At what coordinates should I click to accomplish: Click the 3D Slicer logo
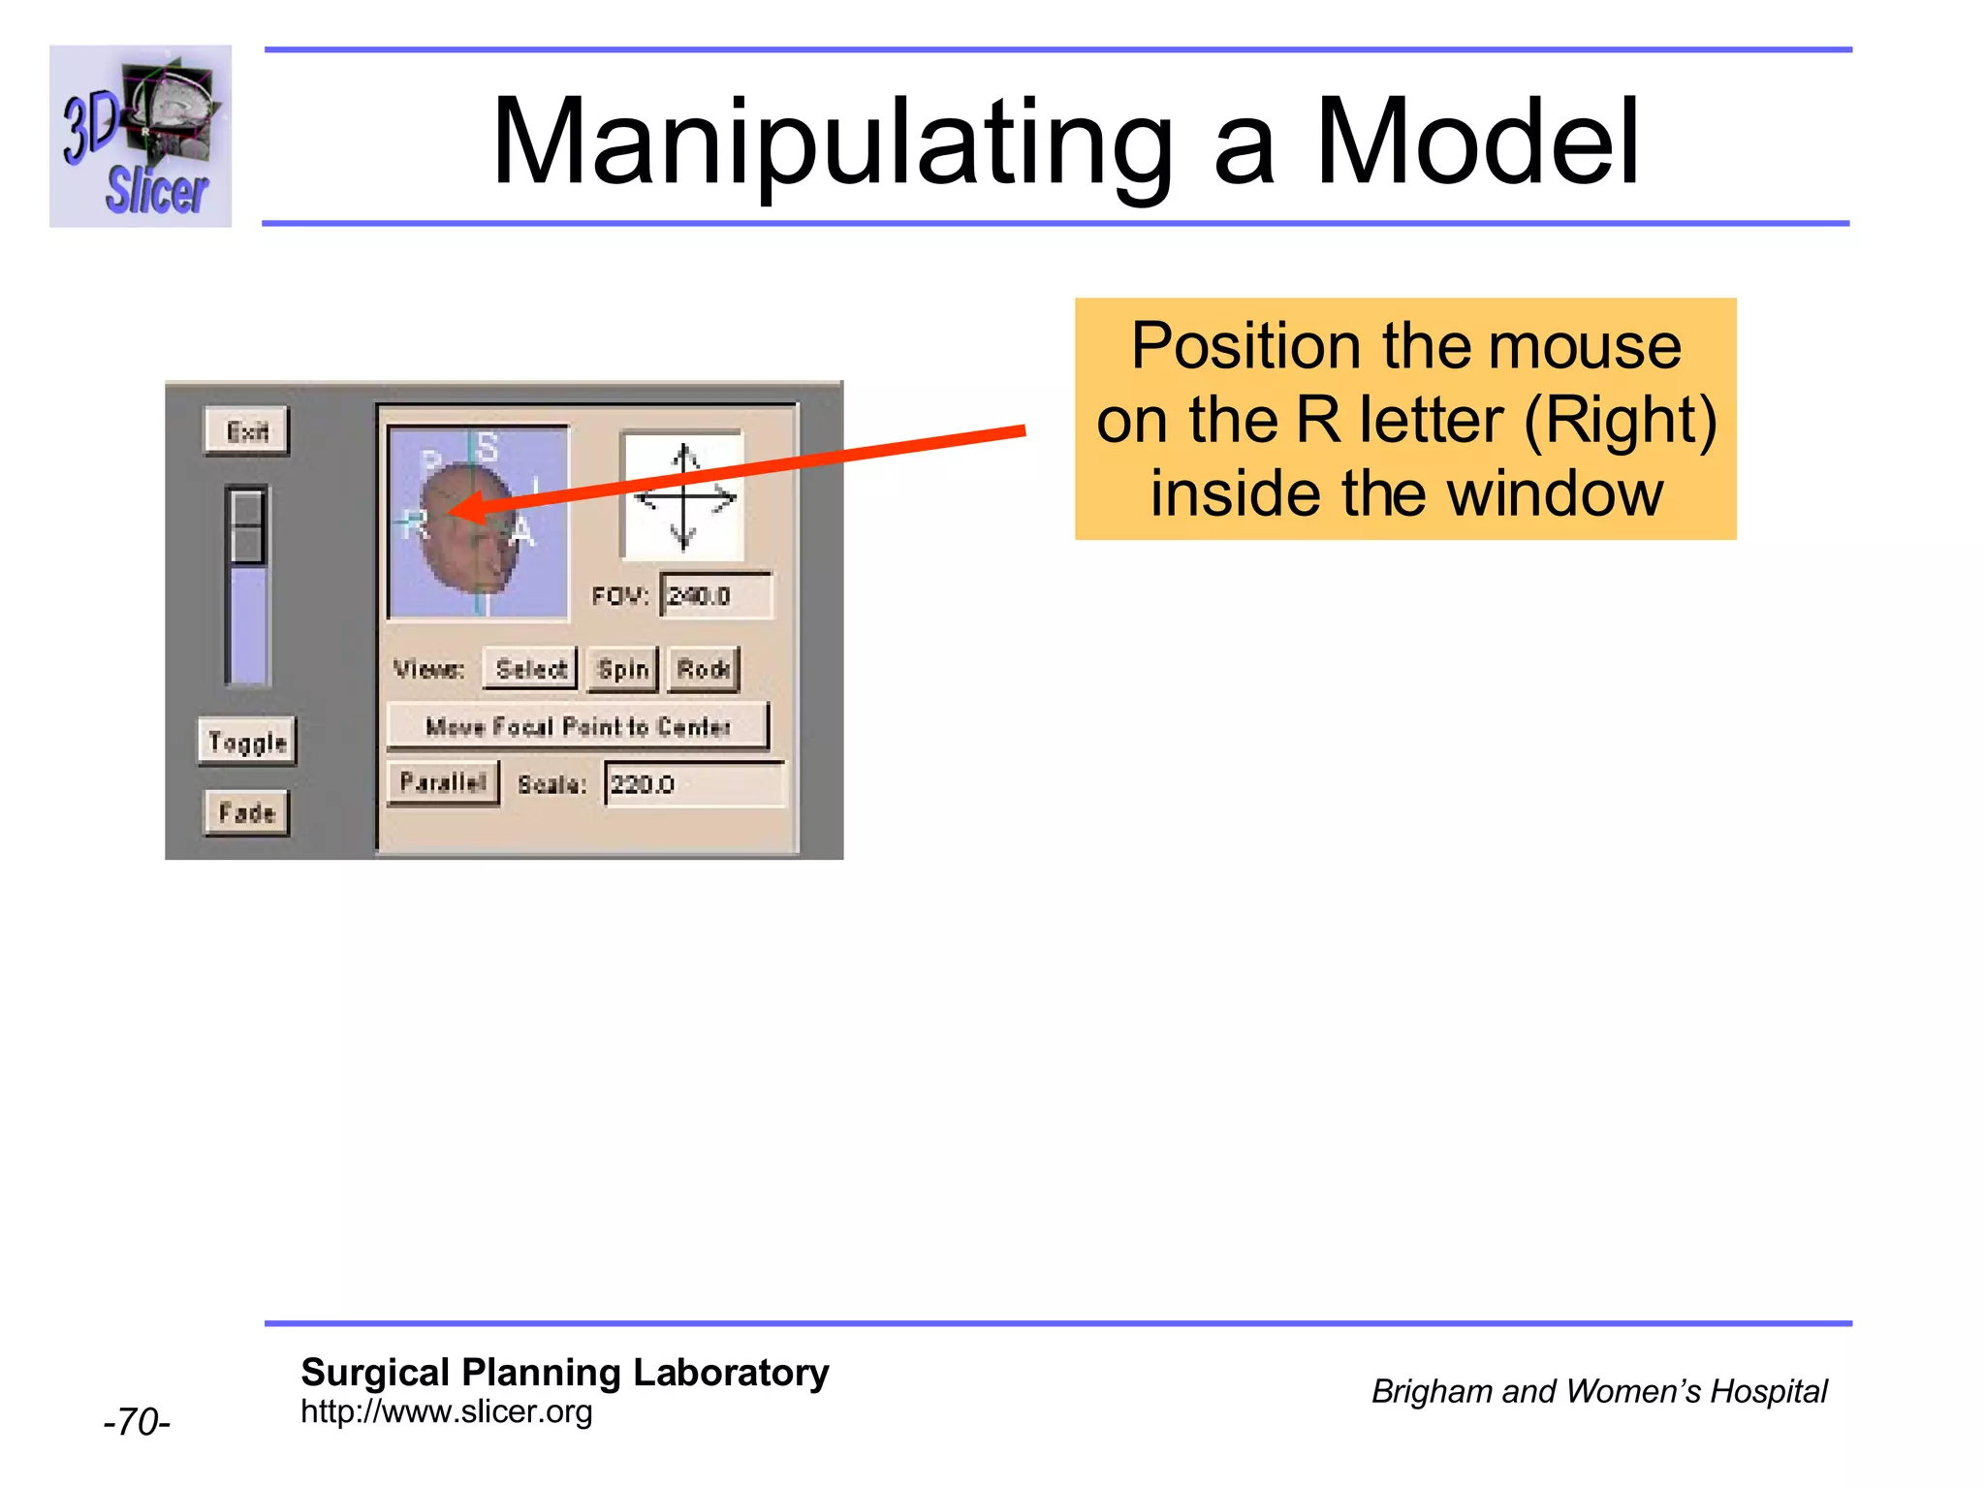pos(141,136)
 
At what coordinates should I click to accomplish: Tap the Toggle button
pos(247,743)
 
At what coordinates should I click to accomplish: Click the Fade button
pos(247,812)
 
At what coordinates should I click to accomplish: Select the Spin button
pos(622,670)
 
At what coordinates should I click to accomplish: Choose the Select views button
pos(530,670)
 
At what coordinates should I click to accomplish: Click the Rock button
pos(704,670)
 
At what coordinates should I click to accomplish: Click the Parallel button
pos(443,783)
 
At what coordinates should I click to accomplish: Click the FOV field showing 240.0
pos(715,596)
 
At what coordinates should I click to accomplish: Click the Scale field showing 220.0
pos(693,784)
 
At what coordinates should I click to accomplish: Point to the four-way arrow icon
pos(684,496)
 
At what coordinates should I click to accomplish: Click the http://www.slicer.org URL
pos(446,1411)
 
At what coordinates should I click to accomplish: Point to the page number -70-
pos(137,1422)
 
